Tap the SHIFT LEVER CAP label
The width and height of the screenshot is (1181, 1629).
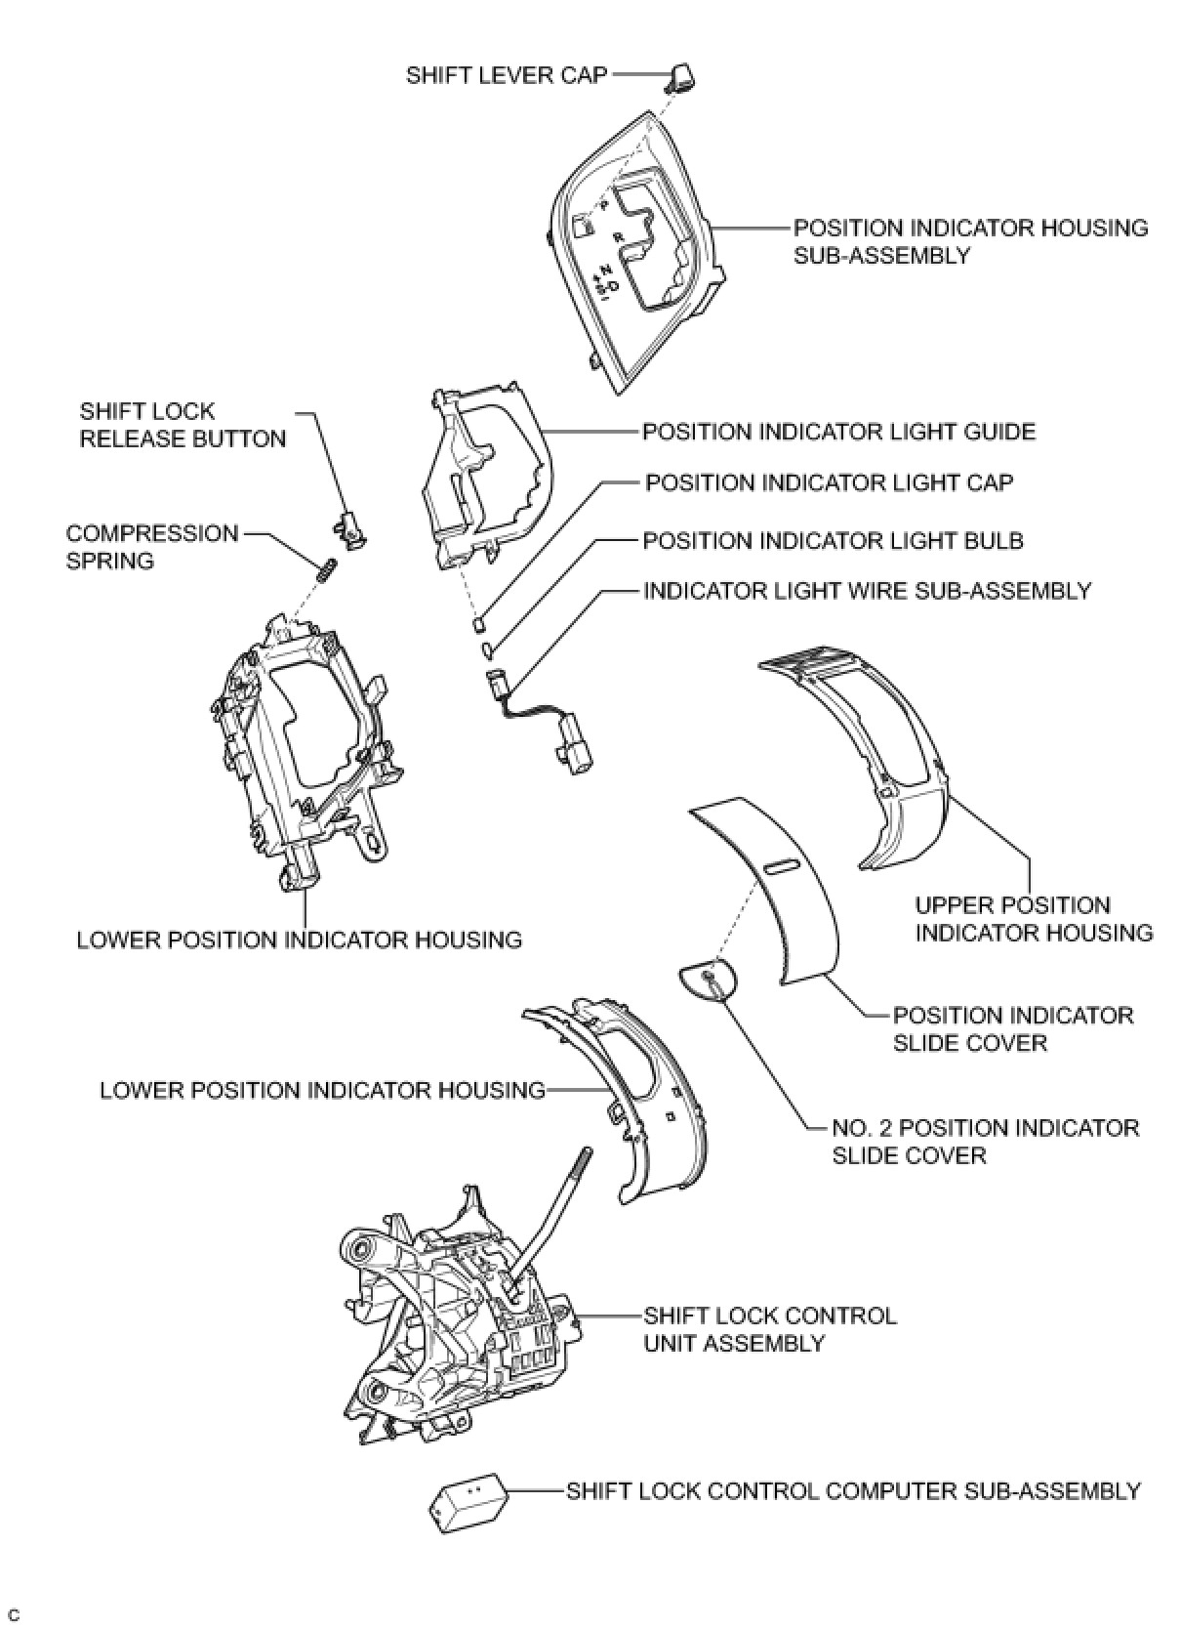pos(507,75)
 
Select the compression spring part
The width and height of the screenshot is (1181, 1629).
pos(329,566)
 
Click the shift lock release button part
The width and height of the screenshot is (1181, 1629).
pos(350,527)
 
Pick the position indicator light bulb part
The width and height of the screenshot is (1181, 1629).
pos(485,648)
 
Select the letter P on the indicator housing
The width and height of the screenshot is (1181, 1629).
pos(603,205)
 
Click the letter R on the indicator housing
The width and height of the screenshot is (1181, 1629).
pos(618,236)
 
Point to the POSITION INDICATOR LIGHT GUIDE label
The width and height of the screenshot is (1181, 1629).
pos(838,432)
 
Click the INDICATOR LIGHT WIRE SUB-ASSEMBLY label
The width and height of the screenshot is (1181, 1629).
pos(867,591)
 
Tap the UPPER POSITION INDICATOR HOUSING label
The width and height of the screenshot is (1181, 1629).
pos(1033,919)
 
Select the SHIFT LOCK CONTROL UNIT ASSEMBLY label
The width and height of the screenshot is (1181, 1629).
pos(769,1329)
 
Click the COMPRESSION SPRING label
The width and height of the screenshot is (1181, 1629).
pos(151,547)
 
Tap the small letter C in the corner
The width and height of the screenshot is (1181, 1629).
pos(14,1609)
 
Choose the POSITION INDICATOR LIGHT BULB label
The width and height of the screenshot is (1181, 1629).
pos(833,541)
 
